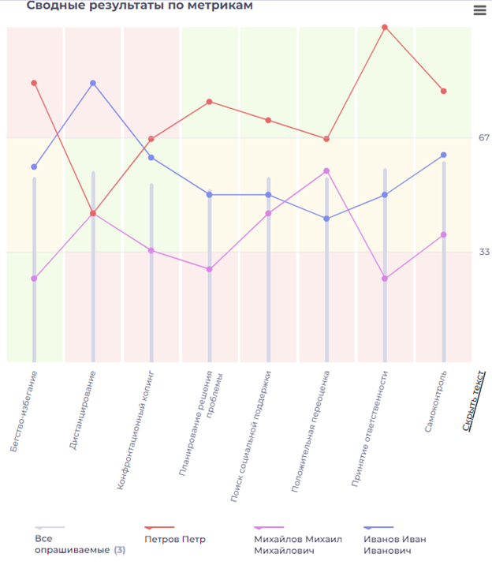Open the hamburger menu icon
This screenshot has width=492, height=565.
pos(479,10)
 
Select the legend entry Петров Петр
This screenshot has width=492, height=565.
pos(175,539)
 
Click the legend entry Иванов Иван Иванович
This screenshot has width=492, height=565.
pos(394,544)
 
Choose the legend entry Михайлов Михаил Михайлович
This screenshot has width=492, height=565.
pos(297,544)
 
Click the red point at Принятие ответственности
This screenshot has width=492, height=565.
pos(385,27)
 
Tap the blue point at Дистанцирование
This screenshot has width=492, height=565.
pos(93,83)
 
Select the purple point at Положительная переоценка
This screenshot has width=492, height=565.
pos(326,170)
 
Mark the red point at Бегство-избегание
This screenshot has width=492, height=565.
pos(34,83)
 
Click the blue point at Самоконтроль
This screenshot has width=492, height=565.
pos(443,155)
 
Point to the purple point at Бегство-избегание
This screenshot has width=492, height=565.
pos(34,279)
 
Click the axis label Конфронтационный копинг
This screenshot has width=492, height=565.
pos(135,430)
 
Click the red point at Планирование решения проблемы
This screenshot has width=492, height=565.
pos(210,101)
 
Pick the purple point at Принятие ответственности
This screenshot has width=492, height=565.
pos(385,279)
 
